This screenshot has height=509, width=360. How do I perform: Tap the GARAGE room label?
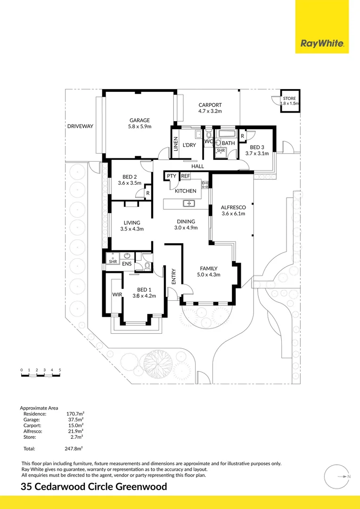pyautogui.click(x=139, y=120)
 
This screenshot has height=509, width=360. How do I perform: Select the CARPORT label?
pyautogui.click(x=210, y=105)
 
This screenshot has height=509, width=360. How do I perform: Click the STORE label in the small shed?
pyautogui.click(x=290, y=99)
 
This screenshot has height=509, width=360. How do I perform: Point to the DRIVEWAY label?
pyautogui.click(x=80, y=126)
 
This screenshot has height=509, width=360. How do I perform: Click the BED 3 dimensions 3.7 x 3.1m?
pyautogui.click(x=257, y=153)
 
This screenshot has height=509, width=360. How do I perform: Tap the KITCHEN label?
pyautogui.click(x=186, y=191)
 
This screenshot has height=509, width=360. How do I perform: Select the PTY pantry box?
pyautogui.click(x=171, y=176)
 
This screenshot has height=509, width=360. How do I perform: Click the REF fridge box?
pyautogui.click(x=186, y=176)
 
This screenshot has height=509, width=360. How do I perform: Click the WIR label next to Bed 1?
pyautogui.click(x=117, y=295)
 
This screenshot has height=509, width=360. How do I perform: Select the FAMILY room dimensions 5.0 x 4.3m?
pyautogui.click(x=208, y=275)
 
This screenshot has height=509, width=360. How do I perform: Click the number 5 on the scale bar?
pyautogui.click(x=60, y=370)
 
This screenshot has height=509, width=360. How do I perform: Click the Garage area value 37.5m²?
pyautogui.click(x=75, y=419)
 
